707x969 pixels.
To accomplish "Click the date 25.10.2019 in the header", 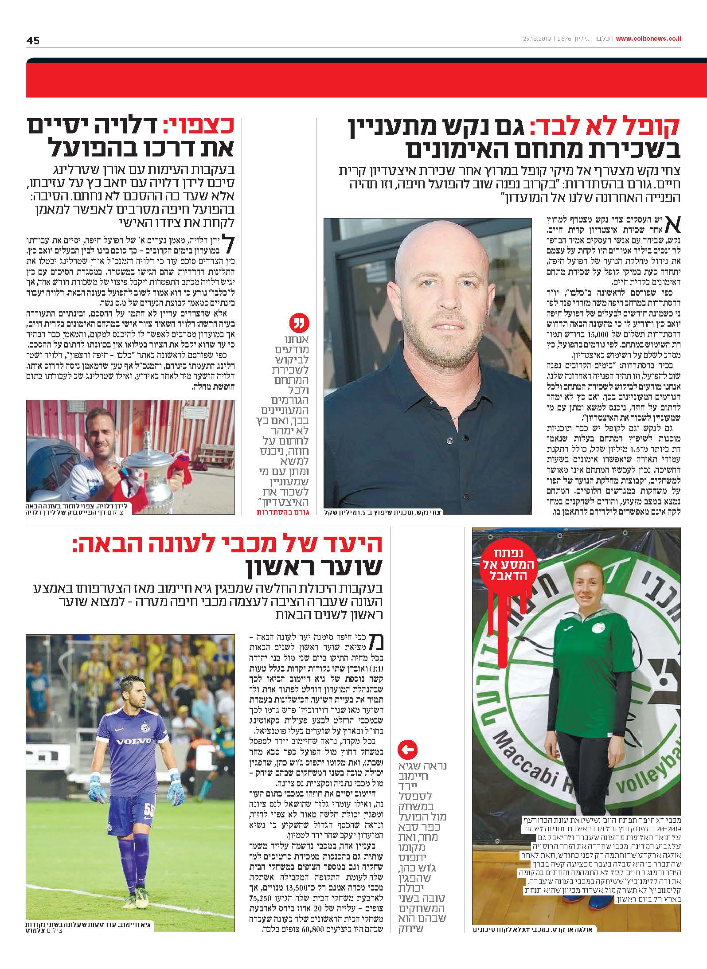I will point(536,39).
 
